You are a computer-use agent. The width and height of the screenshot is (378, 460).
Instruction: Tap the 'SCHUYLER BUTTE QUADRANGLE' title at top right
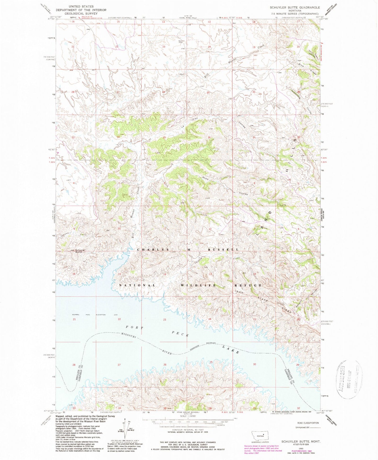[295, 8]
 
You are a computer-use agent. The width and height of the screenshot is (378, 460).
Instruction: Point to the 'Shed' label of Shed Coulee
[205, 178]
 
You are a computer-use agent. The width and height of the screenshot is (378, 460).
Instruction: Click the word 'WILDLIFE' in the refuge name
[198, 285]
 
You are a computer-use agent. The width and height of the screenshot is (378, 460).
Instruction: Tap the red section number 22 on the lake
[119, 319]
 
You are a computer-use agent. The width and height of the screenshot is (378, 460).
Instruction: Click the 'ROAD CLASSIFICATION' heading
[308, 423]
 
